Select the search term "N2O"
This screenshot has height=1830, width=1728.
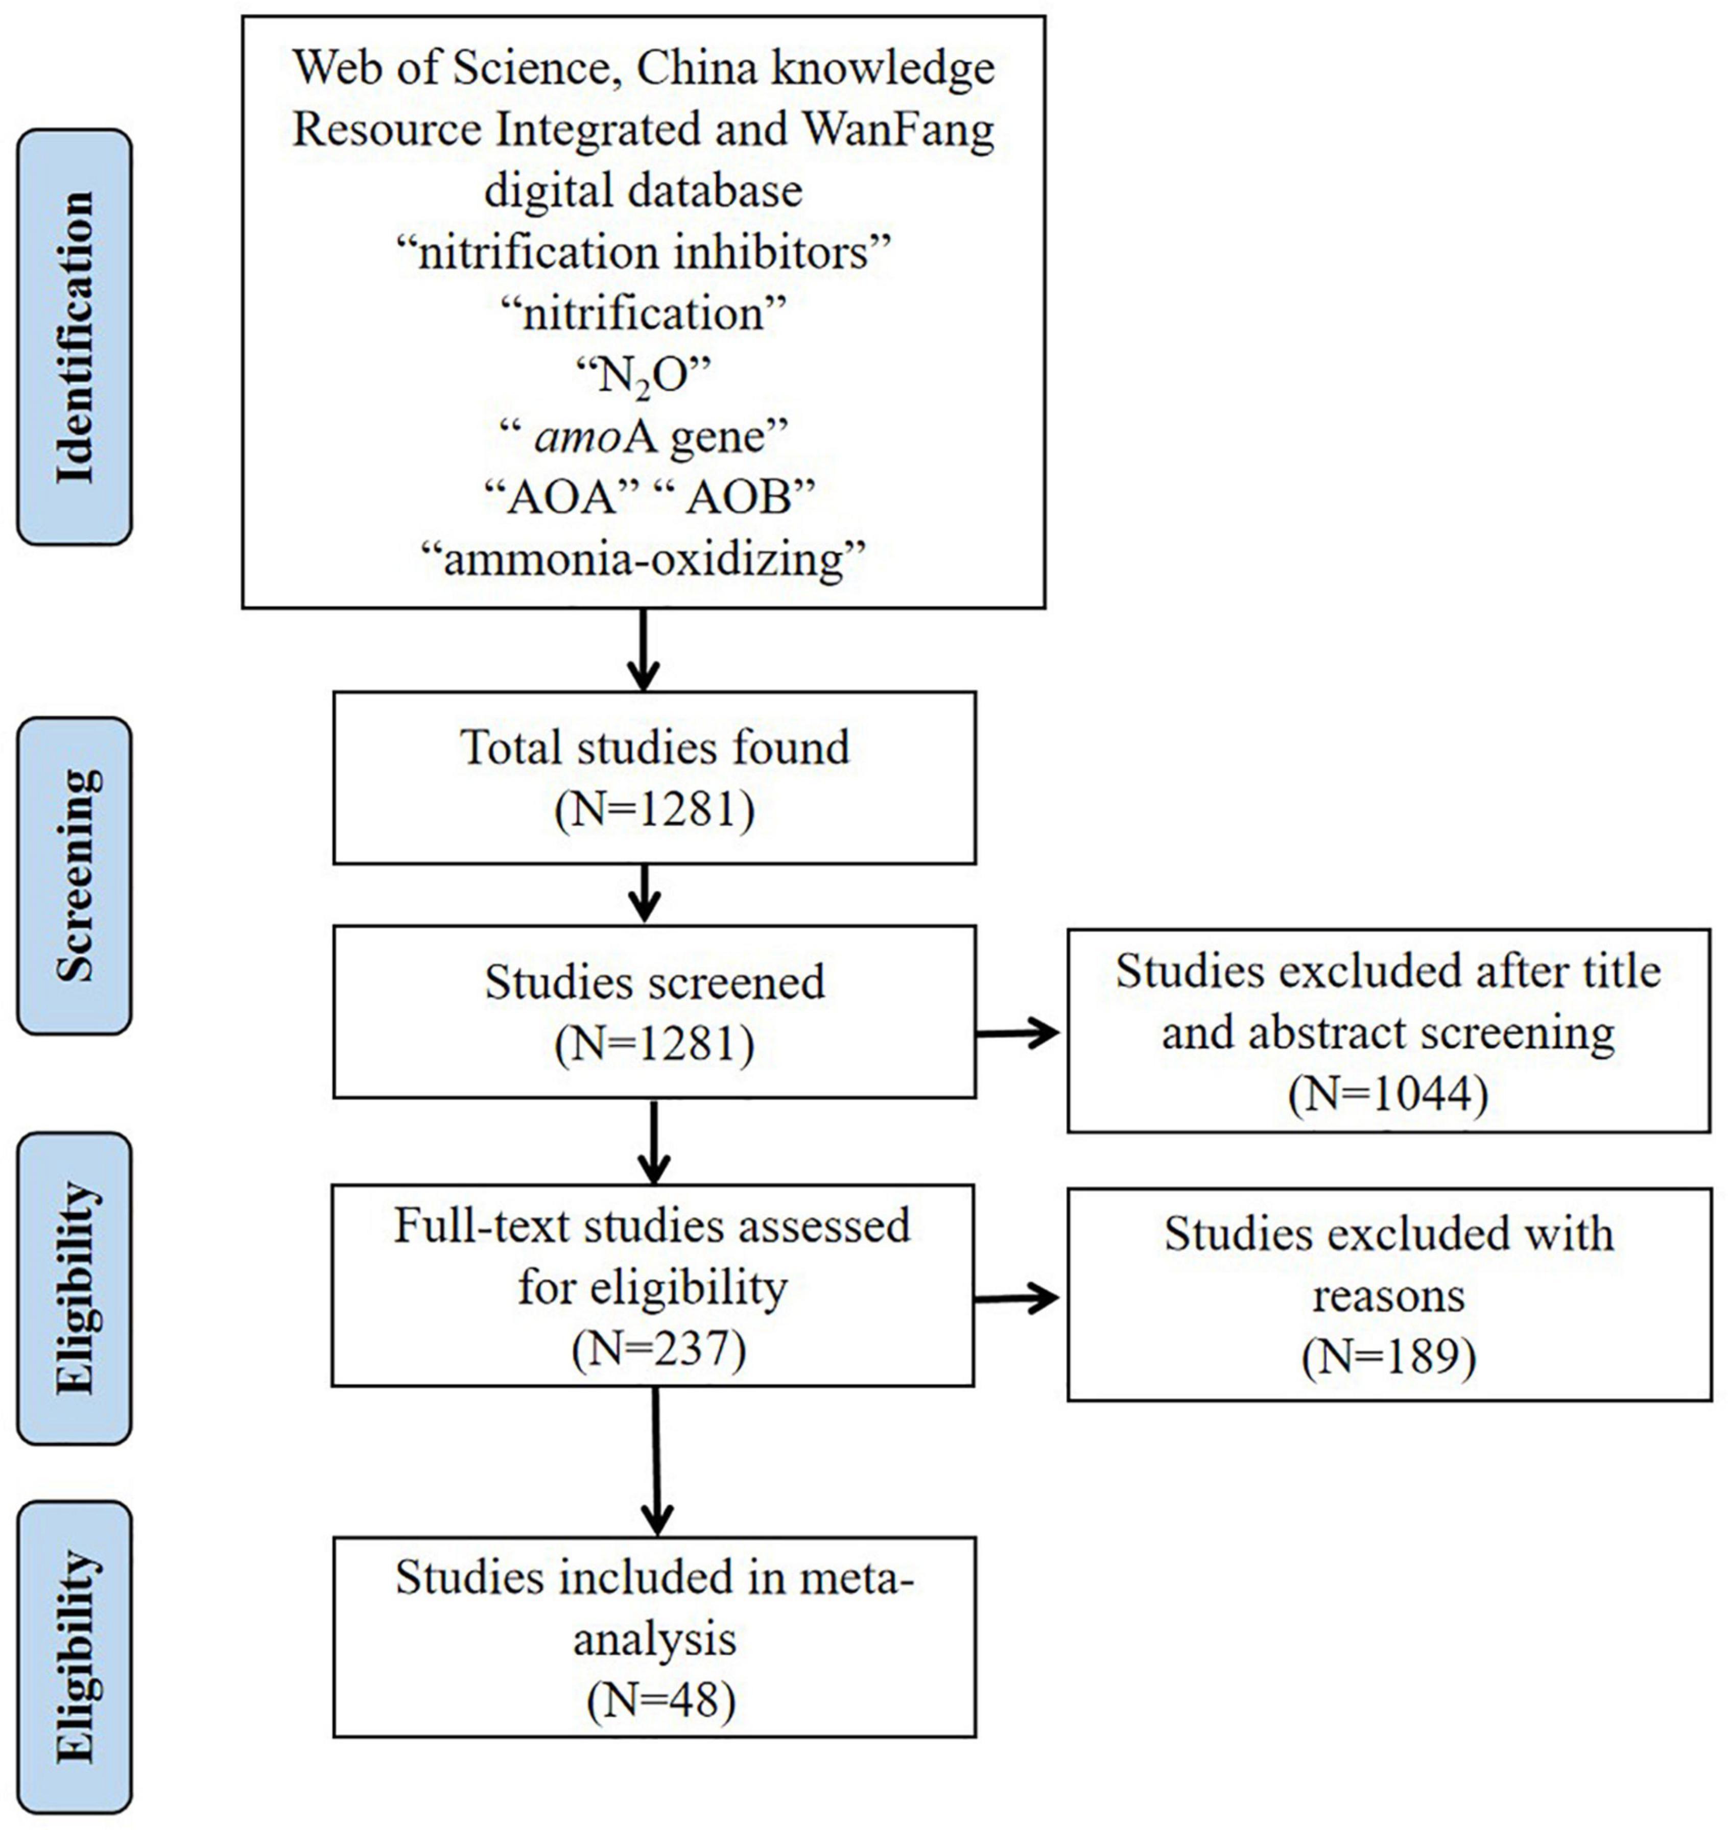644,377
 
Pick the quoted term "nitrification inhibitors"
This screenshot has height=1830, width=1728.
644,252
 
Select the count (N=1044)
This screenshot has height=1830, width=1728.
1388,1095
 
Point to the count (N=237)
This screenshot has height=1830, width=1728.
658,1349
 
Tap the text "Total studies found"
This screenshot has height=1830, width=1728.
655,747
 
